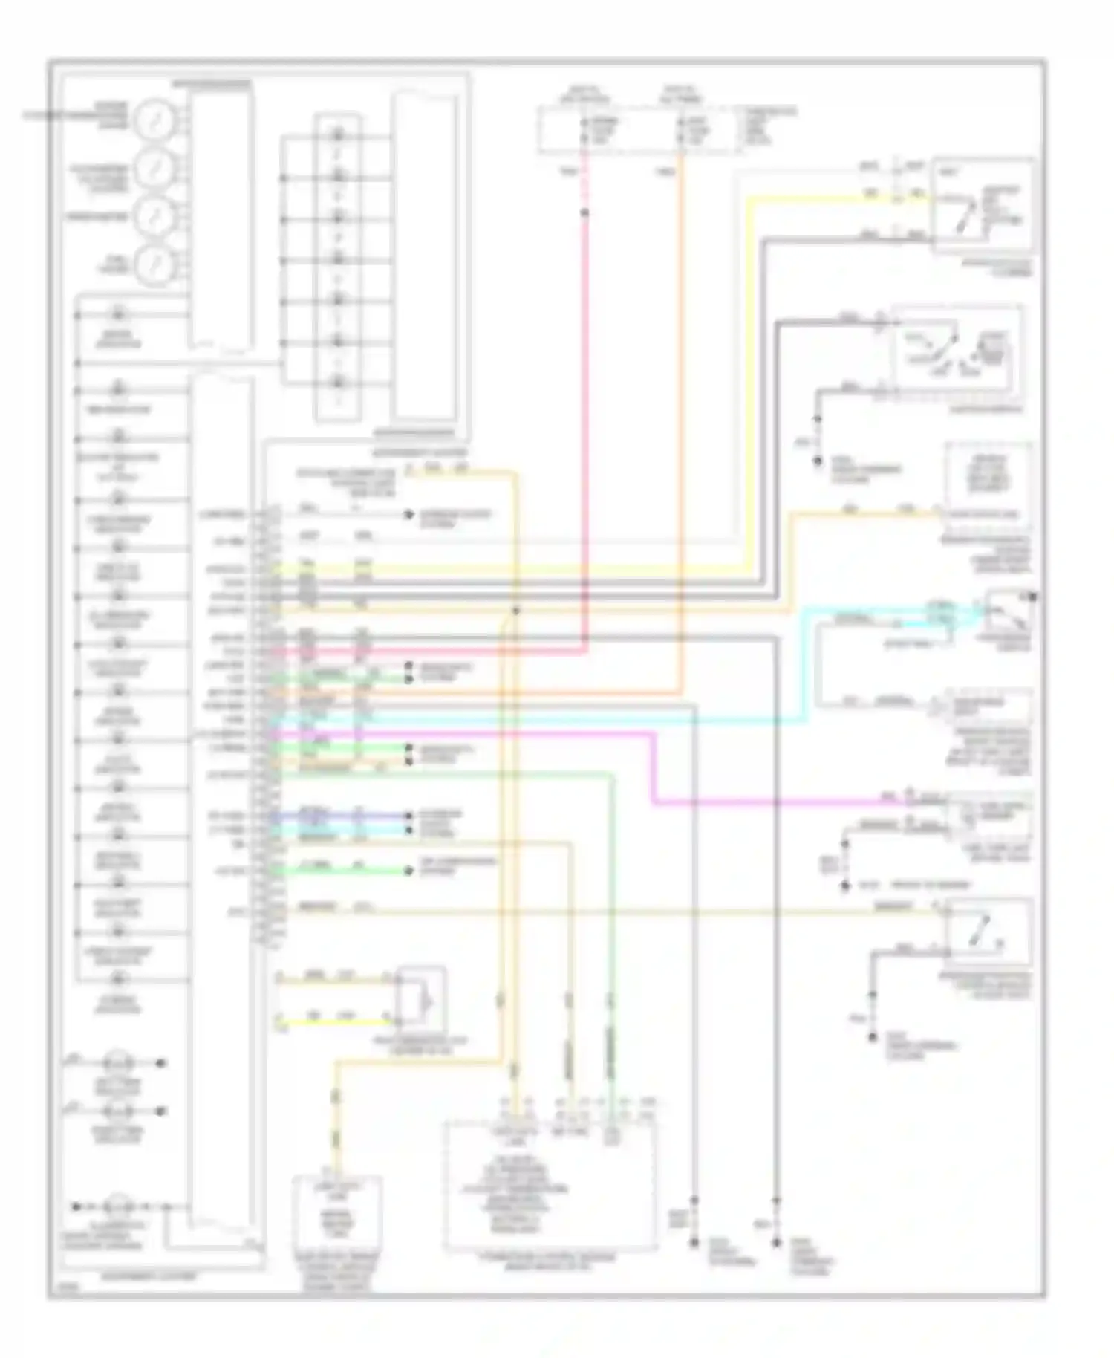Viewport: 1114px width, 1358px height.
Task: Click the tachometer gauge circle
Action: click(154, 215)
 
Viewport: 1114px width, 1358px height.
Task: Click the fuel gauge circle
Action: click(154, 263)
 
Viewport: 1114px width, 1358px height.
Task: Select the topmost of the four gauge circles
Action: click(154, 119)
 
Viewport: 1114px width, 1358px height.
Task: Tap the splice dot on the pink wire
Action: click(584, 213)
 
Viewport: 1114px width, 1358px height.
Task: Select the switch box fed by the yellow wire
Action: click(982, 204)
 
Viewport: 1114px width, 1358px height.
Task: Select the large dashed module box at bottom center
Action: click(550, 1185)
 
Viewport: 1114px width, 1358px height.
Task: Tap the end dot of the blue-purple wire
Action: click(408, 815)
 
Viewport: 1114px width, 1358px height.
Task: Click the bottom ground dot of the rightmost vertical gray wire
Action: click(776, 1241)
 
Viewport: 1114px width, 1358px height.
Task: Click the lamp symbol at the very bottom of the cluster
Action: click(117, 1206)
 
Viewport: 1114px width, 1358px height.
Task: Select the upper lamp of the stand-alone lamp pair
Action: click(117, 1062)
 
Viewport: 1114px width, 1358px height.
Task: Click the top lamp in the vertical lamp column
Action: click(338, 134)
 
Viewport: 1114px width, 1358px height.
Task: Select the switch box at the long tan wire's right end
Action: click(988, 932)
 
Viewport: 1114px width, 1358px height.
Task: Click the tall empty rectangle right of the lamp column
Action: click(425, 256)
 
